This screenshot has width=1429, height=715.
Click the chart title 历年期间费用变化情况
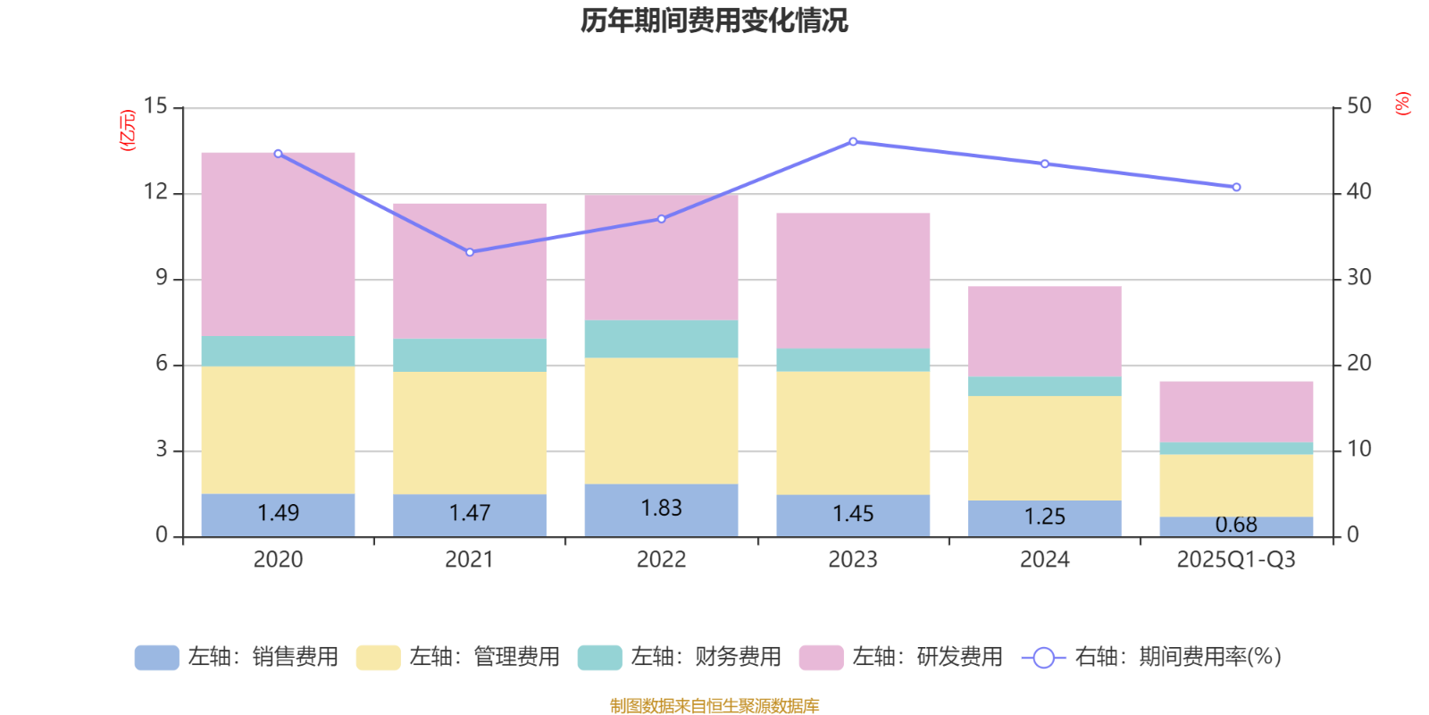point(714,20)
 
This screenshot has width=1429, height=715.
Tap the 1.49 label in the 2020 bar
point(278,513)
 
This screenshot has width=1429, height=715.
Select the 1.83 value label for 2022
point(661,508)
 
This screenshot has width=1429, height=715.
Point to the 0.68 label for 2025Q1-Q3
point(1236,525)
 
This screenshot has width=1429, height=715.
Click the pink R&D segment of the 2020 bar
point(278,243)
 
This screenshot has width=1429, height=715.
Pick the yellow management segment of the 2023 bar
point(852,433)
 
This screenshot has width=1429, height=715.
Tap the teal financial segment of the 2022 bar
point(661,339)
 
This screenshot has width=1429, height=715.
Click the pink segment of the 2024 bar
point(1044,331)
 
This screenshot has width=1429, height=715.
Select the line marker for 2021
point(470,252)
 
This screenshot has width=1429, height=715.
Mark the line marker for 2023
point(853,141)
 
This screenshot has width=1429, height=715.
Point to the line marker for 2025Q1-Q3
point(1236,188)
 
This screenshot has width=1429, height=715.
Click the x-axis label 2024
point(1044,560)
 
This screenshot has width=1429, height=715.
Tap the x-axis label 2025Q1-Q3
point(1236,560)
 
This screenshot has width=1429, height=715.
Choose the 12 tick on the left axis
point(155,192)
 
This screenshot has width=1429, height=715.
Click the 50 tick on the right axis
point(1358,106)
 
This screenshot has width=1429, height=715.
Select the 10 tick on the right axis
point(1358,450)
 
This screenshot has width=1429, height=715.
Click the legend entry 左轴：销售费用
point(237,658)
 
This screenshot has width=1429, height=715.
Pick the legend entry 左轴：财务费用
point(680,658)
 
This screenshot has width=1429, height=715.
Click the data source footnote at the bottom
point(714,706)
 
